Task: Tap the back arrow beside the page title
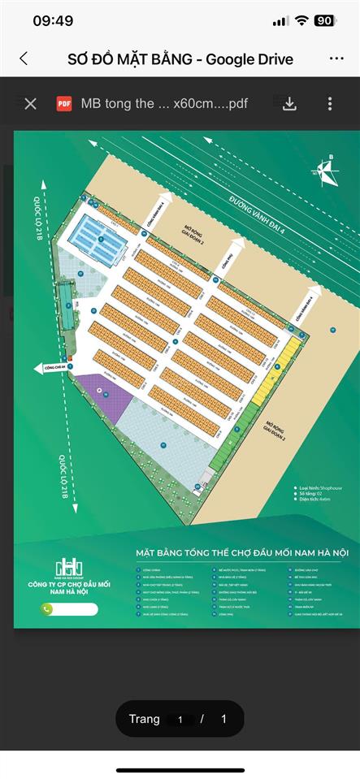tap(24, 58)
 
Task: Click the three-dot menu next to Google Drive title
tap(336, 58)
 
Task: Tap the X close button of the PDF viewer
tap(30, 104)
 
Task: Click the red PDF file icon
tap(63, 104)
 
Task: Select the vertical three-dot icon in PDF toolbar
tap(330, 104)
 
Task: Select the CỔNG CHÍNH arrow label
tap(51, 368)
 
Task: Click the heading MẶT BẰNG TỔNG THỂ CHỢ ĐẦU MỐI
tap(241, 553)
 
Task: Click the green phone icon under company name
tap(47, 609)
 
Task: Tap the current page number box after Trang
tap(180, 719)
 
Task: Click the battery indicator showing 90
tap(323, 21)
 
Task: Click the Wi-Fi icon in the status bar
tap(301, 21)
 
